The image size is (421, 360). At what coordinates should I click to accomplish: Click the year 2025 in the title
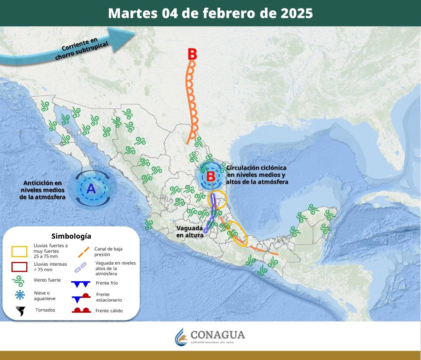point(297,13)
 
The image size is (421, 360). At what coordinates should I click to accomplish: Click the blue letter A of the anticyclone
point(91,189)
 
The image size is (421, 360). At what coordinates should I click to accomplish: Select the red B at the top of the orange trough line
point(192,54)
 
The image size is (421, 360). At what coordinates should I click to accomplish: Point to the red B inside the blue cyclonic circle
point(211,176)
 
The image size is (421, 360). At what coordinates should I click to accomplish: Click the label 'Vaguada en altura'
point(190,232)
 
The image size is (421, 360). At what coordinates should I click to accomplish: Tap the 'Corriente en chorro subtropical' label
point(81,48)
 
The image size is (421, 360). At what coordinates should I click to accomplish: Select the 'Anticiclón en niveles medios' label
point(42,190)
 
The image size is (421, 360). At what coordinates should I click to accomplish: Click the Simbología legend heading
point(71,236)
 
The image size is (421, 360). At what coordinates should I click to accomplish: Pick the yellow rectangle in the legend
point(19,252)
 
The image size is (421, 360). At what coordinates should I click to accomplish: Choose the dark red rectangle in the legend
point(19,267)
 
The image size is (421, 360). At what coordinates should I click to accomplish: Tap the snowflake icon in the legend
point(20,295)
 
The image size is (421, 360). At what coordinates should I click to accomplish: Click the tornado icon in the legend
point(20,311)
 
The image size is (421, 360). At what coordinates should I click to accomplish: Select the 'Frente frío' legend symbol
point(80,284)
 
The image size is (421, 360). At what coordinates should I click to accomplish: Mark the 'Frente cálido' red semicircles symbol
point(81,310)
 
